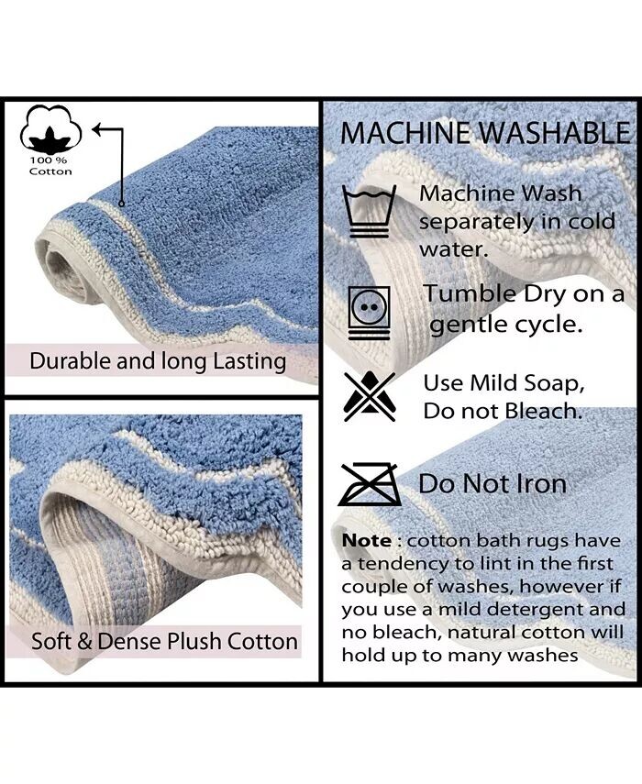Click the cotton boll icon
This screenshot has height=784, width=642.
pyautogui.click(x=50, y=130)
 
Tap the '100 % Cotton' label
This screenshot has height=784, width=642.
pyautogui.click(x=50, y=166)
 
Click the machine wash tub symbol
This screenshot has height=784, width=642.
pyautogui.click(x=369, y=211)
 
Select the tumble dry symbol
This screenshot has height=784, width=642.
pyautogui.click(x=370, y=312)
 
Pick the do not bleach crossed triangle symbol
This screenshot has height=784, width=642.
pyautogui.click(x=370, y=396)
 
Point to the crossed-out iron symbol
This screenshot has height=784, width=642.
pyautogui.click(x=369, y=484)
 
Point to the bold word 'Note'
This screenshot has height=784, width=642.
pyautogui.click(x=367, y=540)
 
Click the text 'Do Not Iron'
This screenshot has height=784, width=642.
pyautogui.click(x=493, y=483)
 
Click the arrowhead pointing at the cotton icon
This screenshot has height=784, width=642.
pyautogui.click(x=96, y=130)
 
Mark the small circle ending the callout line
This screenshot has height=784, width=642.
pyautogui.click(x=121, y=204)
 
